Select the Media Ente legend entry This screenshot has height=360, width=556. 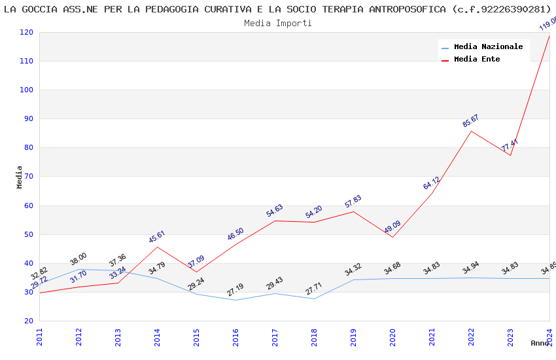pyautogui.click(x=477, y=59)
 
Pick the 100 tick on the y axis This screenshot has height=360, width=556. pyautogui.click(x=26, y=90)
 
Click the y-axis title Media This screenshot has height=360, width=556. pyautogui.click(x=20, y=177)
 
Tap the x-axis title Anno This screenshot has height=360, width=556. pyautogui.click(x=540, y=343)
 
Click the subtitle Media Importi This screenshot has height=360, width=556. pyautogui.click(x=278, y=23)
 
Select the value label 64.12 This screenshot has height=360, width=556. pyautogui.click(x=431, y=183)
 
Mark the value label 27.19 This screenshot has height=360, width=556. pyautogui.click(x=235, y=289)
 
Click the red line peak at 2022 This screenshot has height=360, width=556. pyautogui.click(x=471, y=131)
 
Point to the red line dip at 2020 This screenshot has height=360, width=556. pyautogui.click(x=392, y=237)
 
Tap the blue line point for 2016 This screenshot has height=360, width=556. pyautogui.click(x=235, y=300)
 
